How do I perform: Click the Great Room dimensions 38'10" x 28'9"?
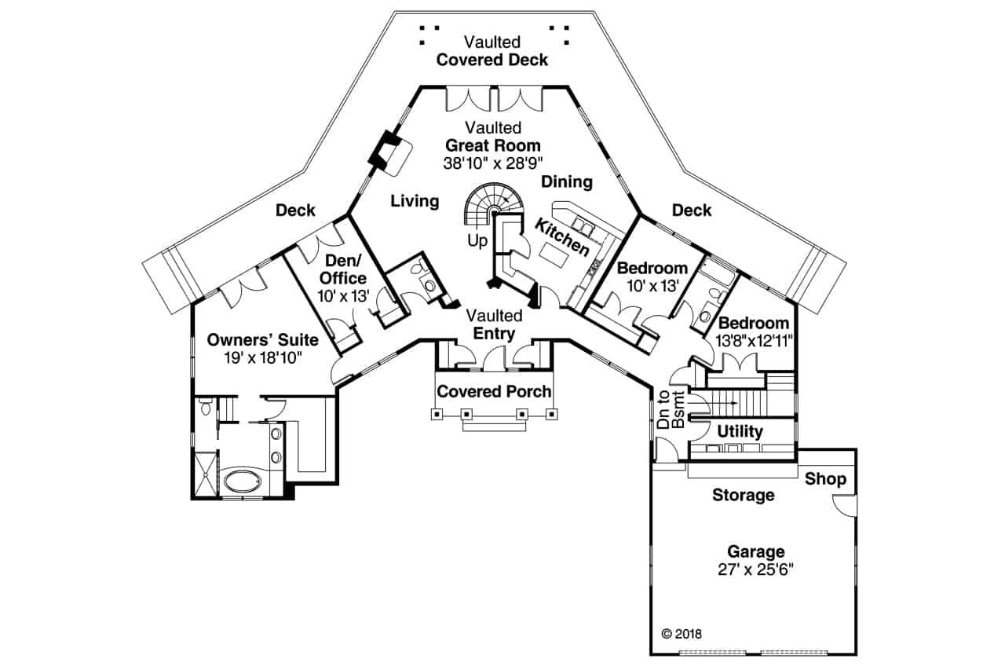click(x=492, y=163)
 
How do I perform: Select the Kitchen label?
click(x=561, y=237)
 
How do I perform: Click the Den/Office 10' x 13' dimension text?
click(x=343, y=296)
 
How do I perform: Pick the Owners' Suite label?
click(x=262, y=339)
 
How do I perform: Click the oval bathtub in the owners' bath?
click(x=242, y=482)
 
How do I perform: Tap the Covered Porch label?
click(x=494, y=391)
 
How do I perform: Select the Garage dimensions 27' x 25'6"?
click(x=755, y=569)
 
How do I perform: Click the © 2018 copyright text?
click(x=682, y=634)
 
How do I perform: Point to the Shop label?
click(x=825, y=479)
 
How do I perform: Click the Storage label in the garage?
click(x=744, y=495)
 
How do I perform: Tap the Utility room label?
click(x=740, y=431)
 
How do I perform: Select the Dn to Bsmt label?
click(x=671, y=410)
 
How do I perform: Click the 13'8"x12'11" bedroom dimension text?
click(x=754, y=341)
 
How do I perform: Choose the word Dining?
click(x=567, y=181)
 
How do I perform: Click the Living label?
click(x=415, y=200)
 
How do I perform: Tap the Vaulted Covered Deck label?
click(x=492, y=51)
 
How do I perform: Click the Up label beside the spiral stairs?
click(x=477, y=241)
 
